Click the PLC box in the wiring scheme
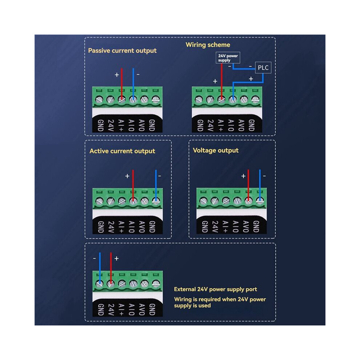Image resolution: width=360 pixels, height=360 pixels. [263, 68]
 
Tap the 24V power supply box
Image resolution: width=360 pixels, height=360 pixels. [228, 57]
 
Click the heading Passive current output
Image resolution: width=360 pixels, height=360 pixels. [122, 51]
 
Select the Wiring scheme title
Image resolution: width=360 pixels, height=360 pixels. [208, 45]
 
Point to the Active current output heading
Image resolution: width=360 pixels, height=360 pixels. [122, 151]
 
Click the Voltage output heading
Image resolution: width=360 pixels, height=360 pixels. [216, 151]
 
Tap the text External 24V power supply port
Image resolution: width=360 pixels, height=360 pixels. [215, 289]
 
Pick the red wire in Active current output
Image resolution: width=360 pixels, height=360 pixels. [133, 186]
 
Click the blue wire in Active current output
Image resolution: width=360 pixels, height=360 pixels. [156, 186]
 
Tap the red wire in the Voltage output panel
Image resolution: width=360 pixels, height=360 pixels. [248, 185]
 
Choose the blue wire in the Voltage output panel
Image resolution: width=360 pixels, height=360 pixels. [260, 185]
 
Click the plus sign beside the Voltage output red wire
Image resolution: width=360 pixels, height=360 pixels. [243, 176]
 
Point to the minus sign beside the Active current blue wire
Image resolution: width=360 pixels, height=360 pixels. [160, 176]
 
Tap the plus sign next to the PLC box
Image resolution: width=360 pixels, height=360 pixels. [251, 79]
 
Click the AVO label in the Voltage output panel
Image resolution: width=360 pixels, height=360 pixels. [246, 227]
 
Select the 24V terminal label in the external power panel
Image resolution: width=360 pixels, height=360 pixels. [111, 309]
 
